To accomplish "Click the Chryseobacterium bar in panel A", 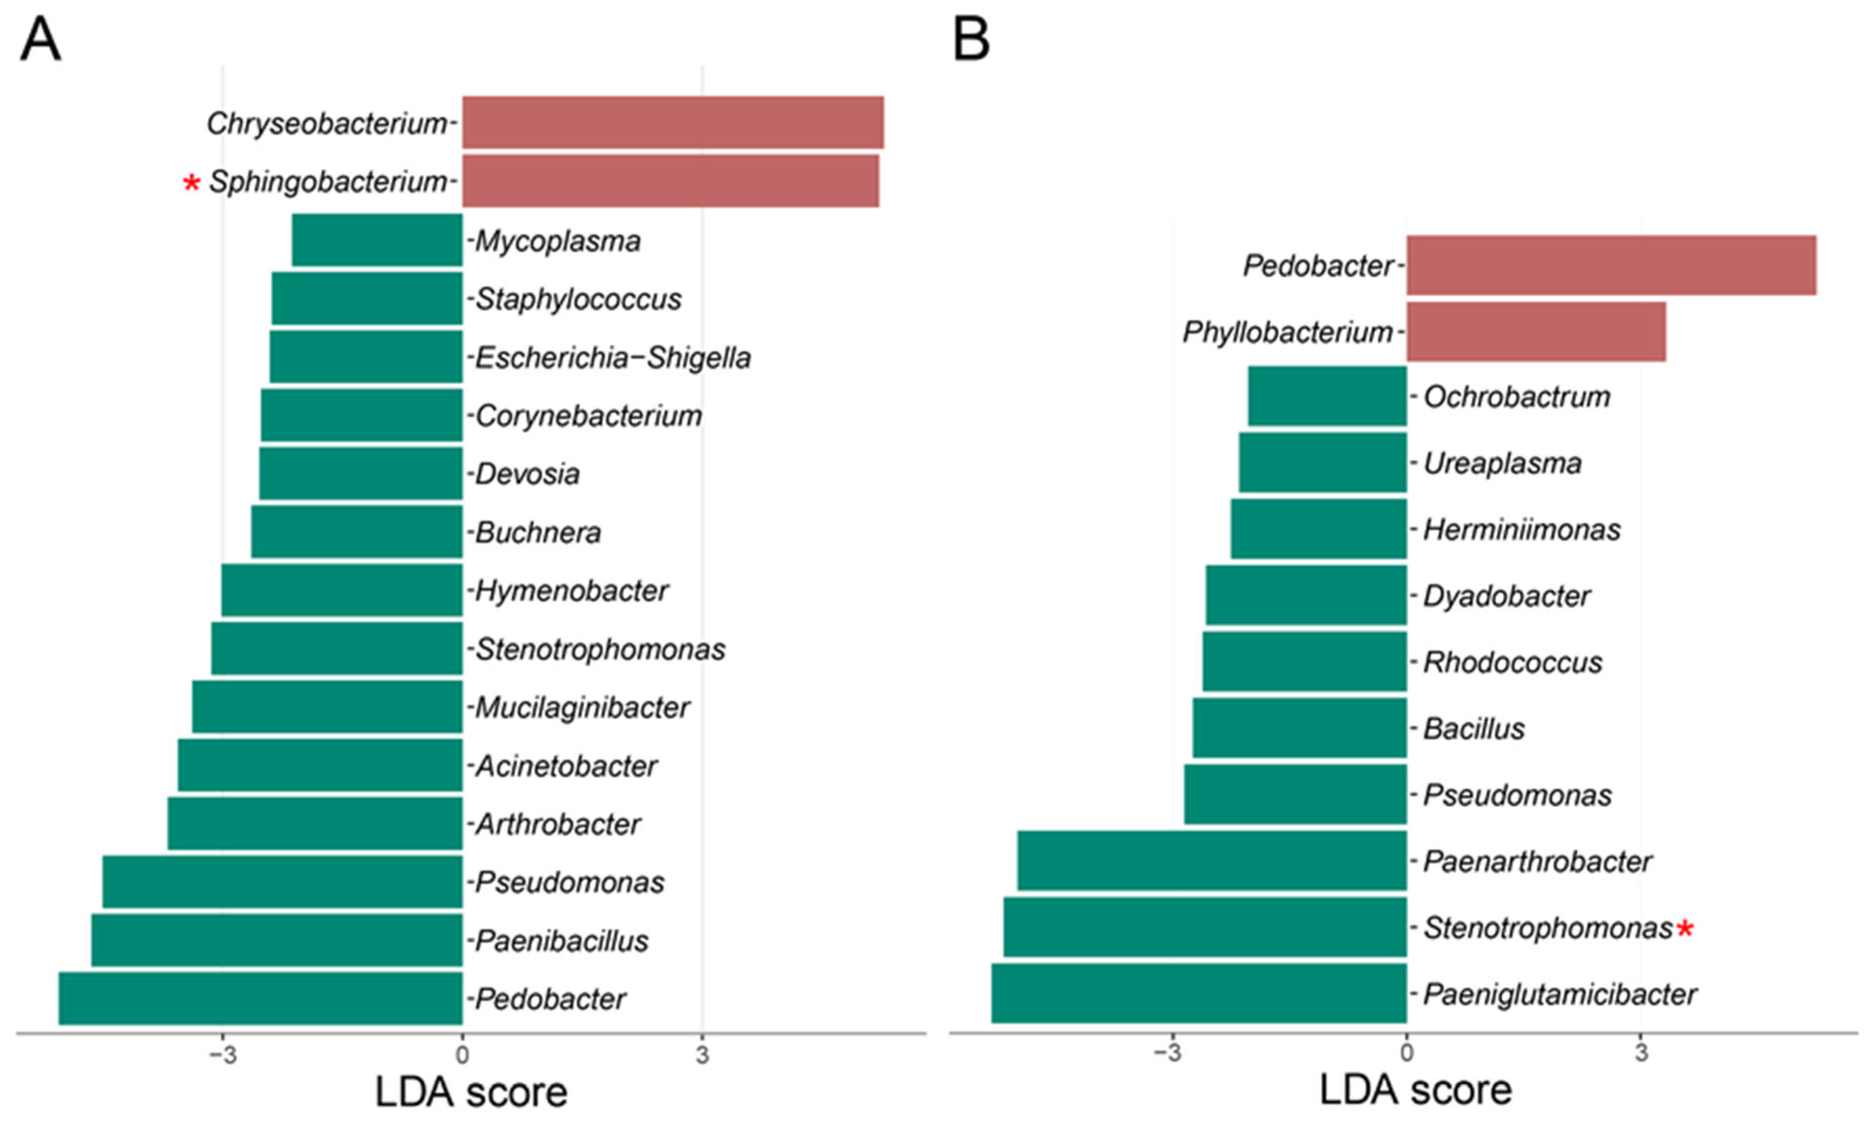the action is tap(673, 123).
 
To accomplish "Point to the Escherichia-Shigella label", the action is tap(613, 357).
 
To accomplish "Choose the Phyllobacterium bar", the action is tap(1536, 331).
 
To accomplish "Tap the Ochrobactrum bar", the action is tap(1328, 396).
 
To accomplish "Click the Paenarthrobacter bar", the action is tap(1212, 860).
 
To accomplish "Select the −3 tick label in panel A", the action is tap(222, 1055).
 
